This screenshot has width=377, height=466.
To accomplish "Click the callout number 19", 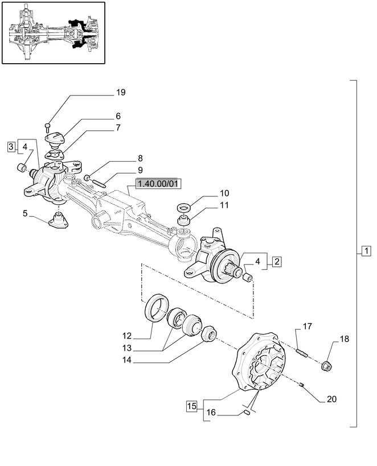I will [x=120, y=92].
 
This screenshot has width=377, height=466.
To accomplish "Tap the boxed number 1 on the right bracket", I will [x=366, y=251].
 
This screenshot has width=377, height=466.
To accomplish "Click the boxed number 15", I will [x=191, y=406].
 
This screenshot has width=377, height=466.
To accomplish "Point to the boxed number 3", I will [x=11, y=147].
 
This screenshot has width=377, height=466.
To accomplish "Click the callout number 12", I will [x=126, y=336].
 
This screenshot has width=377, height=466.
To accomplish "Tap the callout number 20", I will [x=331, y=399].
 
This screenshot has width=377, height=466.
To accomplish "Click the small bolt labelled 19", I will [x=48, y=126].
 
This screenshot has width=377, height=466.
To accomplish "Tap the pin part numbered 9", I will [x=99, y=183].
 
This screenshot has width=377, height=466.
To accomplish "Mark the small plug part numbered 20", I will [x=302, y=387].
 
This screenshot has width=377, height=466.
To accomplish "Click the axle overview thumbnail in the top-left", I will [x=54, y=33].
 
